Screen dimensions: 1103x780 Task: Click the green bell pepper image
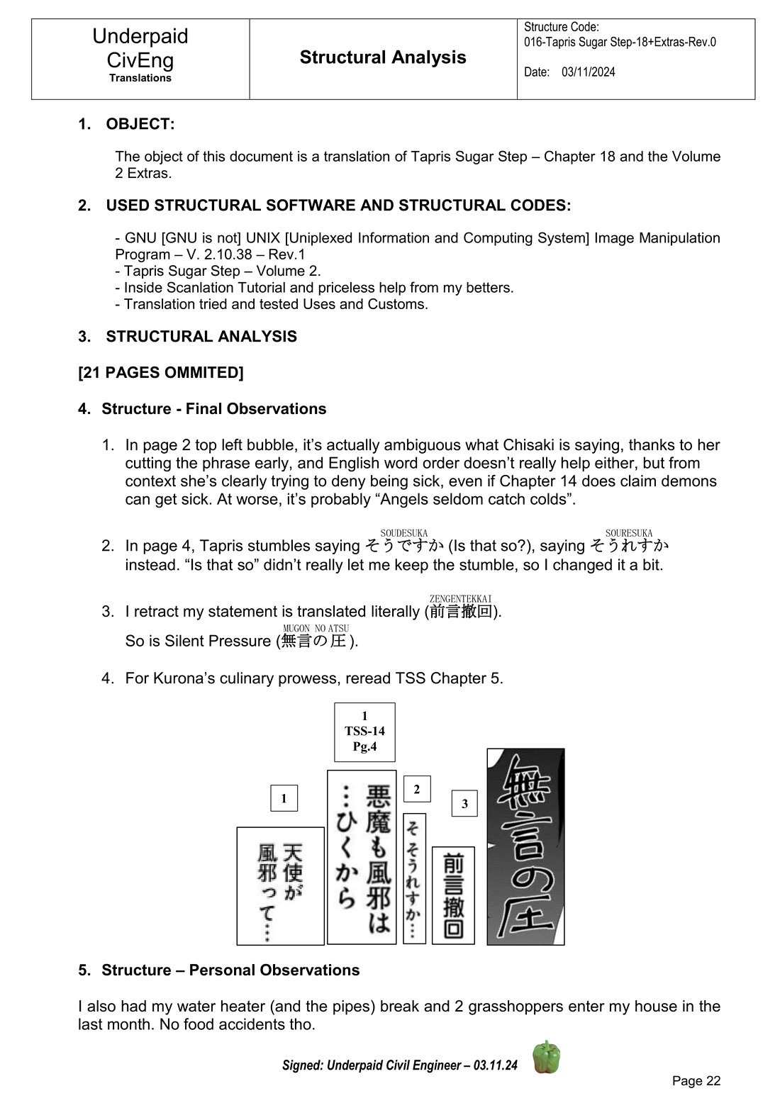coord(546,1057)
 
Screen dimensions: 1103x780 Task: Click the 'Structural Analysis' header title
coord(383,57)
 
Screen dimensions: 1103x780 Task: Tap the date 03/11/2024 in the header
coord(588,72)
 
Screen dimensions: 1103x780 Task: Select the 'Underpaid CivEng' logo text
coord(140,48)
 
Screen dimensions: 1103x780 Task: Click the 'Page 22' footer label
coord(696,1080)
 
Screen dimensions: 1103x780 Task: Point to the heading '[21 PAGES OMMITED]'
coord(161,373)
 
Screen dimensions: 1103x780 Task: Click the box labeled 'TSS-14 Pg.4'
coord(364,732)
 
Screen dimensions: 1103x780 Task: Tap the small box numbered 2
coord(417,789)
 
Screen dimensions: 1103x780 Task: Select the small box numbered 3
coord(464,803)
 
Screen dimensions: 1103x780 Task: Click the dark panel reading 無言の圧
coord(525,847)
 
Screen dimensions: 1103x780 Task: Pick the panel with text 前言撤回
coord(453,895)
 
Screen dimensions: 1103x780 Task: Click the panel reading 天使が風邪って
coord(280,885)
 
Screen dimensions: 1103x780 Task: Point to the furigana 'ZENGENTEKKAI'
coord(460,599)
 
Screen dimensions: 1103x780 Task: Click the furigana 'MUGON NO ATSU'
coord(316,628)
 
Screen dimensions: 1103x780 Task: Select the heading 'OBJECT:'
coord(140,124)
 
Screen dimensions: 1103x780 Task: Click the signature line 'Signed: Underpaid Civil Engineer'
coord(399,1065)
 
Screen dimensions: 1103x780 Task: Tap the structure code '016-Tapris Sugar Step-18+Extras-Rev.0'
coord(620,42)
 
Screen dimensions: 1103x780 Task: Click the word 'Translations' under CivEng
coord(140,78)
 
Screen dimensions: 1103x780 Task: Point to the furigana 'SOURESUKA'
coord(628,533)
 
